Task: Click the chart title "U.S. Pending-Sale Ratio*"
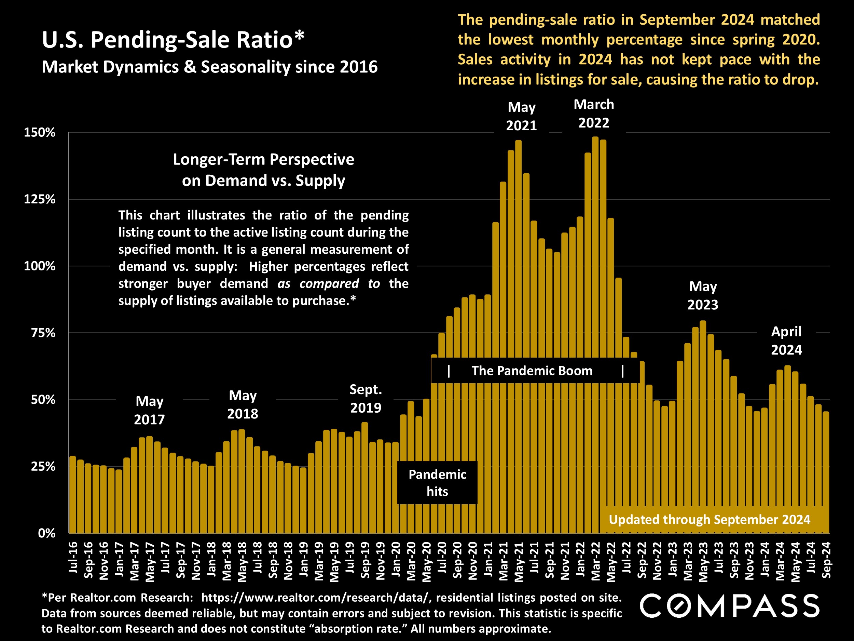click(x=173, y=40)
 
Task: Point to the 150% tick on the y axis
click(x=40, y=133)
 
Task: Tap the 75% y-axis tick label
click(x=43, y=333)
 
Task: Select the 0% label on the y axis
click(x=46, y=533)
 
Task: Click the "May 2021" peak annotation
click(x=521, y=116)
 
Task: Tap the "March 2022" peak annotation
click(x=593, y=113)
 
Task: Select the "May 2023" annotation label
click(x=703, y=296)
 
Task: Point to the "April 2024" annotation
click(x=786, y=340)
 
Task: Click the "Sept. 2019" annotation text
click(x=365, y=398)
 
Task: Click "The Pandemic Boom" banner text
click(x=532, y=371)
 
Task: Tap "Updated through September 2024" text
click(x=709, y=520)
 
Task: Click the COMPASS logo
click(x=729, y=605)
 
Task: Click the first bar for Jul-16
click(x=72, y=495)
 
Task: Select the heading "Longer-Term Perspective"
click(x=263, y=159)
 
